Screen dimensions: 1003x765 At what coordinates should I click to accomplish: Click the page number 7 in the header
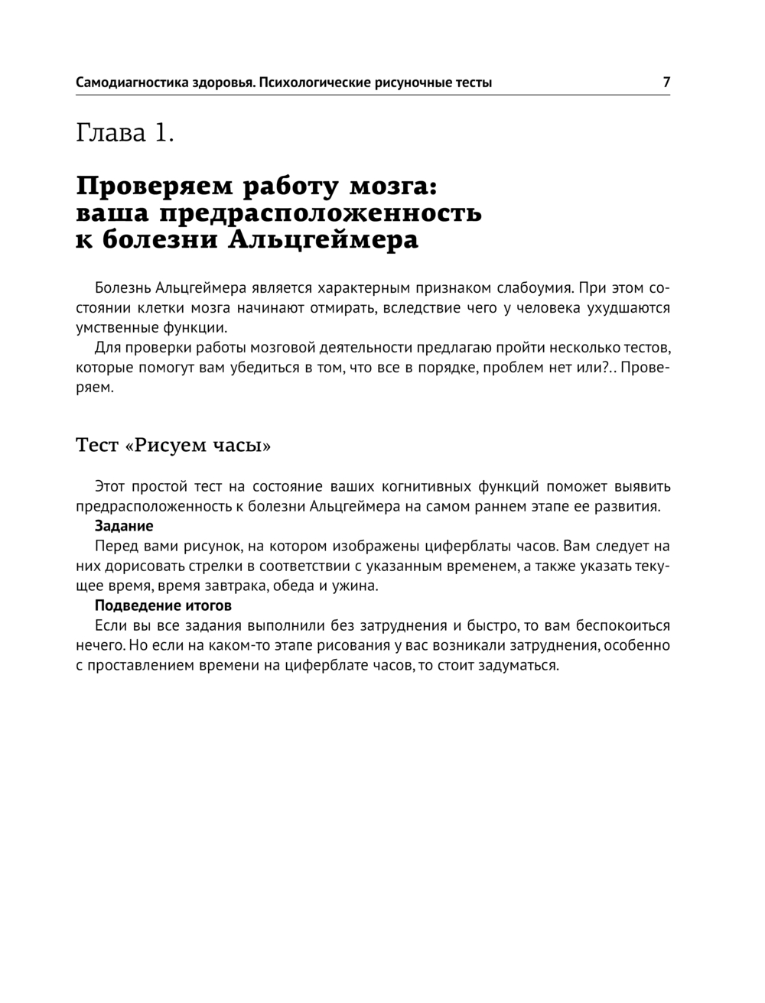click(x=666, y=82)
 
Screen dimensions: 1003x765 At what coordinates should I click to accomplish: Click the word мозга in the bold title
click(x=393, y=187)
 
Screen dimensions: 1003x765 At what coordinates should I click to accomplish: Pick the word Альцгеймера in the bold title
click(x=324, y=241)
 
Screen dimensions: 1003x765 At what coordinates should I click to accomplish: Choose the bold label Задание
click(x=124, y=526)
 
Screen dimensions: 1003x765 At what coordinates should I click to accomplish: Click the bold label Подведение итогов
click(x=163, y=605)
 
